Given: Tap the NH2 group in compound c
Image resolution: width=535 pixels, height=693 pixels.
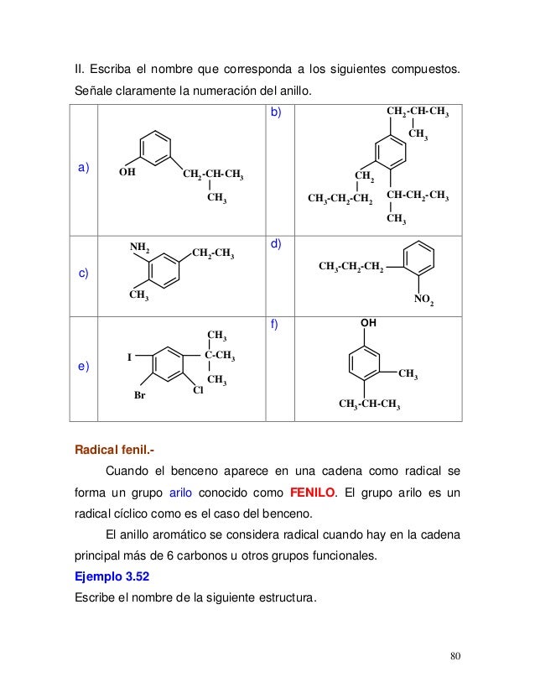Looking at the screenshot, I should pos(139,247).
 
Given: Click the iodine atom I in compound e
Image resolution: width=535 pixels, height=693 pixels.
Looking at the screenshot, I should pos(129,357).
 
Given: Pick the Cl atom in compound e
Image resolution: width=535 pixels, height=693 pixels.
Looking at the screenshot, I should pos(199,390).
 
